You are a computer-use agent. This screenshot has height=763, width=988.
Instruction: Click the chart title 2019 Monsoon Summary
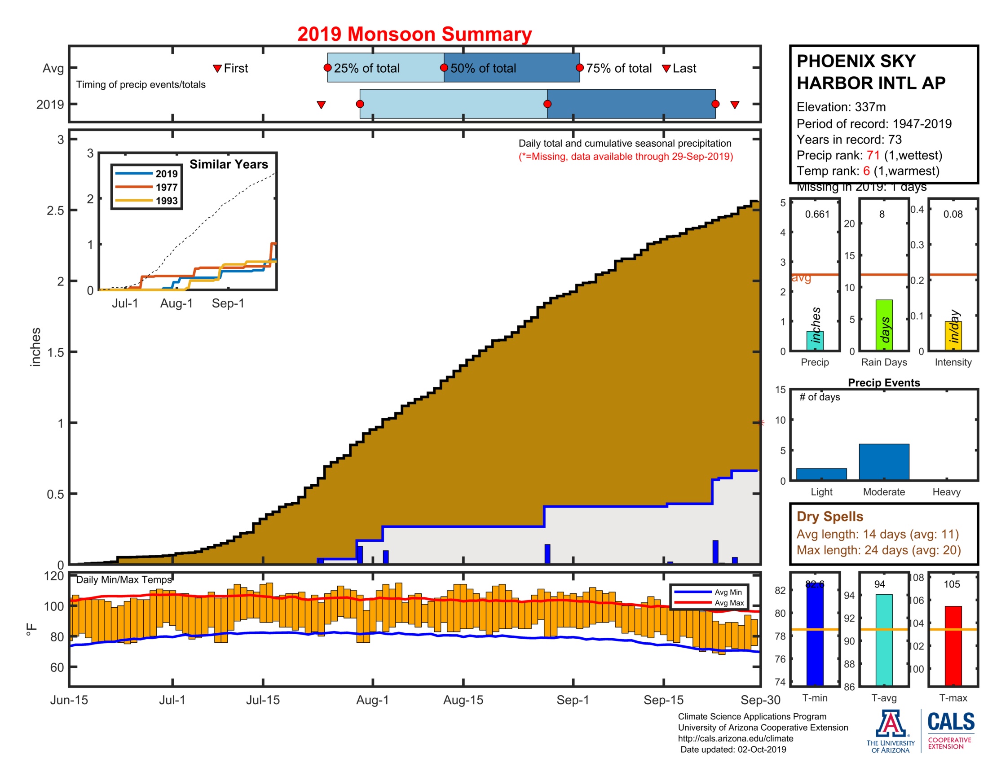[414, 35]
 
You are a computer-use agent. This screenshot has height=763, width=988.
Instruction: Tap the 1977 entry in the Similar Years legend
[166, 187]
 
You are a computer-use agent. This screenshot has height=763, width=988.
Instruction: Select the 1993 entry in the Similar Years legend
[166, 201]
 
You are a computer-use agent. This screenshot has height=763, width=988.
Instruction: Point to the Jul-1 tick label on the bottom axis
[172, 700]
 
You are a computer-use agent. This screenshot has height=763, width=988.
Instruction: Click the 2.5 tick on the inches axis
[55, 210]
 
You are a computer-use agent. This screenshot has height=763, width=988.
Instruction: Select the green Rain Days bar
[883, 324]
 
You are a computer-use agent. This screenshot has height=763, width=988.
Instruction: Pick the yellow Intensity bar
[953, 335]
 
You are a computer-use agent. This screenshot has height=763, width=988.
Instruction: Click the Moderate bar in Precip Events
[883, 461]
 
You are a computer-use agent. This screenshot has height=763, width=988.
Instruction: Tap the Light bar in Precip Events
[821, 474]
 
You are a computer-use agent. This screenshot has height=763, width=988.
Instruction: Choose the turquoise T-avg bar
[883, 640]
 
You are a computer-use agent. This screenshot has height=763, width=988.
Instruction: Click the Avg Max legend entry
[729, 602]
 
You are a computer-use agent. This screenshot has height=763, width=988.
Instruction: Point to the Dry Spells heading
[829, 516]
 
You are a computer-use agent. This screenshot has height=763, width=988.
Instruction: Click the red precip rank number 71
[873, 155]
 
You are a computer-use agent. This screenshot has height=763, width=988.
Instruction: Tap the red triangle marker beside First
[217, 68]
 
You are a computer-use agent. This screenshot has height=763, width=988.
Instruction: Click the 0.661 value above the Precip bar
[817, 214]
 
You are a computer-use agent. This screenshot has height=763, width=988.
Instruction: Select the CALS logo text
[950, 722]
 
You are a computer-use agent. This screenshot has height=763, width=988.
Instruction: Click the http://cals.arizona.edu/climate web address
[735, 738]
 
